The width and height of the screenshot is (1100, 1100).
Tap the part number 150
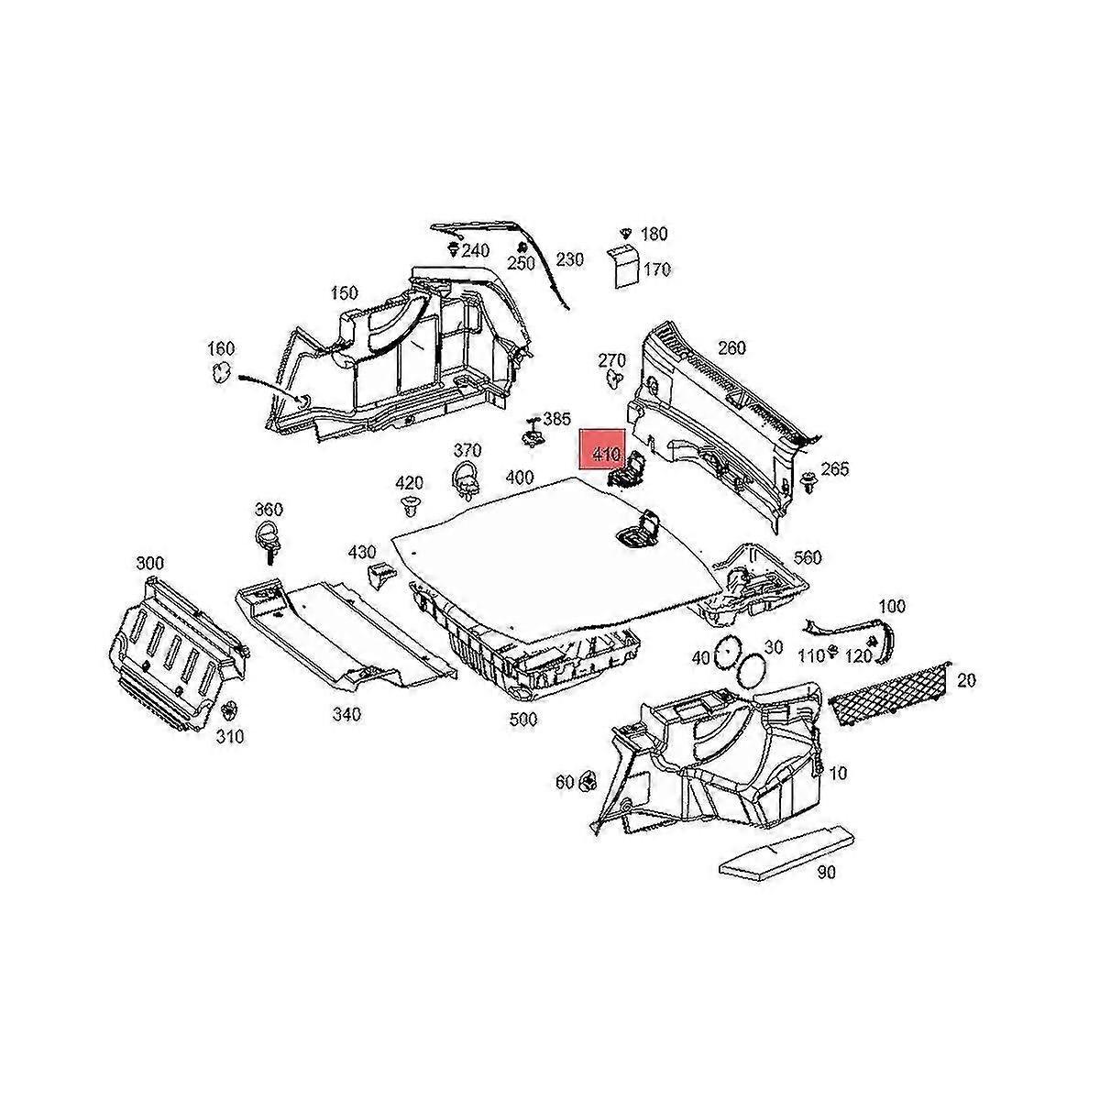pyautogui.click(x=344, y=293)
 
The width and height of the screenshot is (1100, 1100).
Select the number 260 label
pyautogui.click(x=731, y=348)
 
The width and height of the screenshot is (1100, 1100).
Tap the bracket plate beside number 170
pyautogui.click(x=623, y=267)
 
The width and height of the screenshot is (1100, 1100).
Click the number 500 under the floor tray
pyautogui.click(x=522, y=720)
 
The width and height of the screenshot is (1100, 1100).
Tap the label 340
pyautogui.click(x=346, y=714)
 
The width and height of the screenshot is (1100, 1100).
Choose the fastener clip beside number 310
pyautogui.click(x=230, y=710)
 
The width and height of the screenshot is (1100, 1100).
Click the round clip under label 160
pyautogui.click(x=221, y=371)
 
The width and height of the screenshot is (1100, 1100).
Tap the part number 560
pyautogui.click(x=808, y=557)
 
